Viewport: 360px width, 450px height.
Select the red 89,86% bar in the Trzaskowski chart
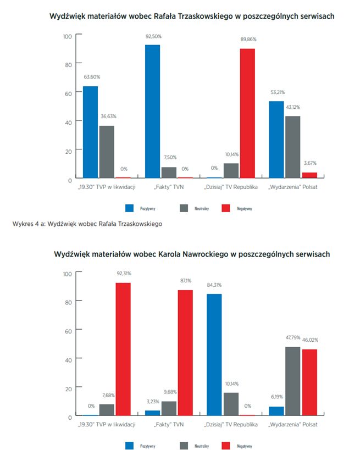pyautogui.click(x=247, y=113)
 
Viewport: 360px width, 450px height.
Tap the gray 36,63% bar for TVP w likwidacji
pyautogui.click(x=107, y=152)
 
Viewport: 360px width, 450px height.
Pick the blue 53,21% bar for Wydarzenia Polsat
pyautogui.click(x=276, y=140)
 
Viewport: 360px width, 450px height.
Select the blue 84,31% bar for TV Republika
pyautogui.click(x=214, y=354)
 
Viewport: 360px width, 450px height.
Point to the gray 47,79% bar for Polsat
pyautogui.click(x=293, y=381)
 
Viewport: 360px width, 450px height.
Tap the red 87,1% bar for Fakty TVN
pyautogui.click(x=185, y=352)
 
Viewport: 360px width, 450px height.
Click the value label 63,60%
pyautogui.click(x=91, y=77)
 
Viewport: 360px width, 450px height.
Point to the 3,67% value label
pyautogui.click(x=310, y=163)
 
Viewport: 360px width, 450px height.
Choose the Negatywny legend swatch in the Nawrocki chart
pyautogui.click(x=225, y=446)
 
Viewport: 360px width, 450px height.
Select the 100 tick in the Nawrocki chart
pyautogui.click(x=67, y=274)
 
